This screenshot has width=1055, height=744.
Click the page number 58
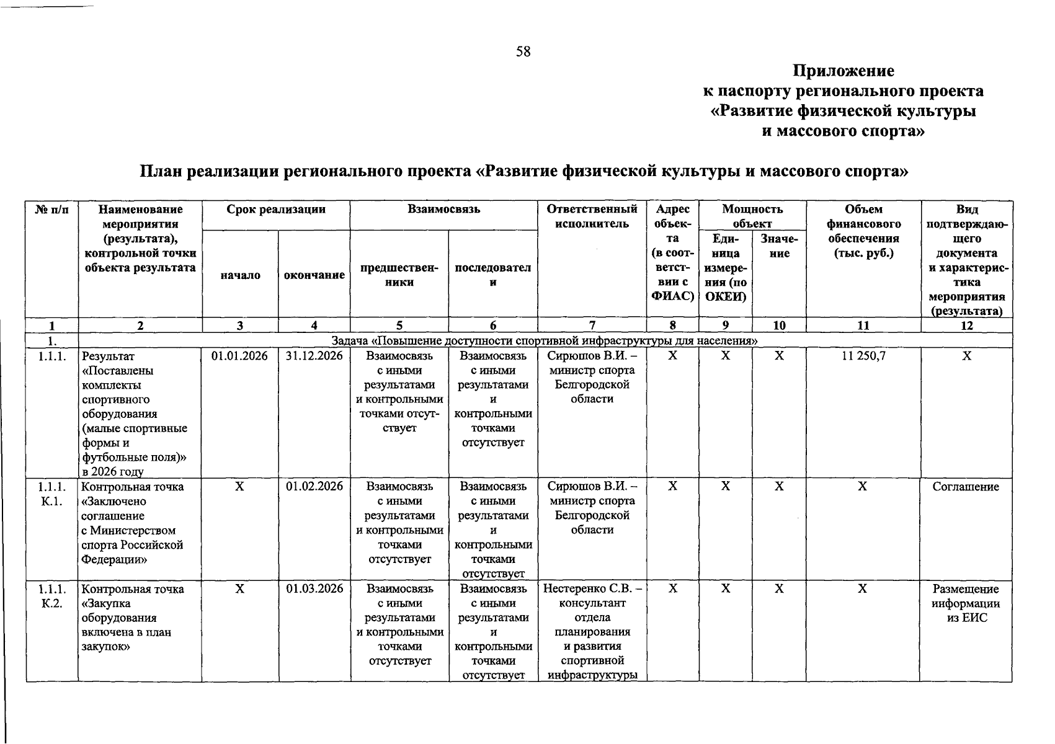[x=523, y=51]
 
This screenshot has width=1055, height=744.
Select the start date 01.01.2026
[x=239, y=356]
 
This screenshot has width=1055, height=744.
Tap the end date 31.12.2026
[x=314, y=356]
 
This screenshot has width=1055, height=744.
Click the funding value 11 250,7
[x=863, y=356]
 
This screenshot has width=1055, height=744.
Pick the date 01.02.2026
[x=314, y=487]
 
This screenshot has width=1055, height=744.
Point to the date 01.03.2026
[x=314, y=589]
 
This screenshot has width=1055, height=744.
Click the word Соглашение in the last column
[x=966, y=487]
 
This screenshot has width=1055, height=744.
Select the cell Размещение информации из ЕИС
[x=966, y=603]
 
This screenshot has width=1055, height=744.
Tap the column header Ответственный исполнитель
[x=592, y=216]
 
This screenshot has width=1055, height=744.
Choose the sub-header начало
[x=240, y=275]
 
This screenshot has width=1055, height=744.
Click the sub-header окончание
[x=314, y=275]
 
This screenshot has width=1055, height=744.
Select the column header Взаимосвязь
[x=443, y=210]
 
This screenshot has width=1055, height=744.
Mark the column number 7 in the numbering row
[x=592, y=325]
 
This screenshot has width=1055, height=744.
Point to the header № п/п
[x=52, y=210]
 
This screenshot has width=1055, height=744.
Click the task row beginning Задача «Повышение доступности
[x=545, y=340]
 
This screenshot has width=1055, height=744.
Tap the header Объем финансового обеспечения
[x=863, y=231]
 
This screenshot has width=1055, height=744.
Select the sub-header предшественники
[x=399, y=275]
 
